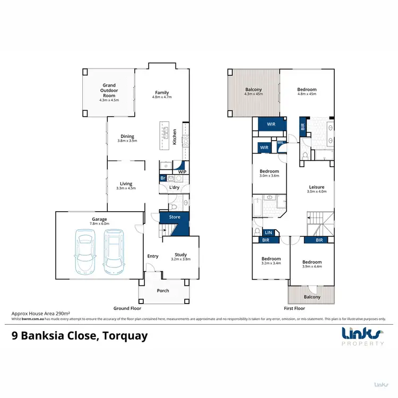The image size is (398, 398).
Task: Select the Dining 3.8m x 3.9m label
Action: click(x=127, y=139)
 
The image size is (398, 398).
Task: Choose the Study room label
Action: click(x=180, y=257)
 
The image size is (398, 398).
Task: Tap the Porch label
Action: click(x=162, y=290)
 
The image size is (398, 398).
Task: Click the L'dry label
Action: click(x=174, y=188)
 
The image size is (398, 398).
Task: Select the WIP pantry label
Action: click(x=181, y=172)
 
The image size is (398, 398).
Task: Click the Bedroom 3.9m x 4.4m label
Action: click(x=312, y=265)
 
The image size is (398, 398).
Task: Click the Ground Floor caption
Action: click(x=127, y=308)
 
